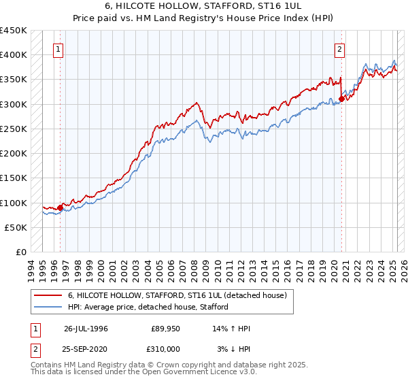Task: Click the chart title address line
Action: [203, 6]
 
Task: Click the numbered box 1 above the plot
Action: [59, 49]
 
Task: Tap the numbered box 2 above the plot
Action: [339, 49]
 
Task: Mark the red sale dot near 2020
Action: [341, 99]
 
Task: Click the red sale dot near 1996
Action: [60, 208]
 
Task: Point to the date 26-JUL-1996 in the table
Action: [86, 329]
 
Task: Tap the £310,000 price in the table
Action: [166, 348]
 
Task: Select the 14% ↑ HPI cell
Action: [232, 329]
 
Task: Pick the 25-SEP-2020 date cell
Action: [86, 348]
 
